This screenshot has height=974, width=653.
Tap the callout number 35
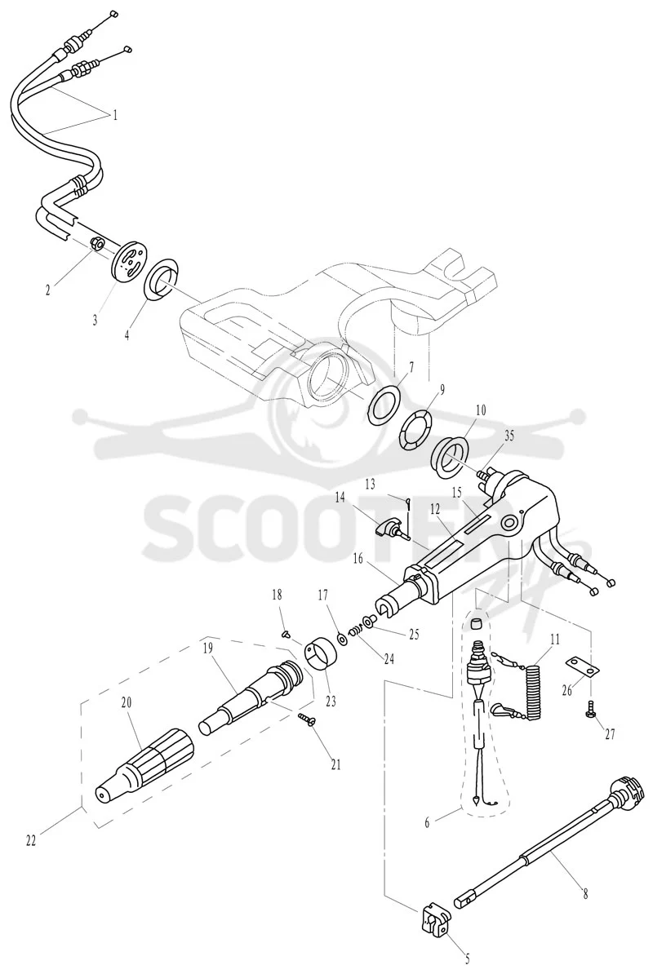point(509,436)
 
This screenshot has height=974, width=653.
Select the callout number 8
point(584,894)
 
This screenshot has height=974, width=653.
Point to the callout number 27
point(610,734)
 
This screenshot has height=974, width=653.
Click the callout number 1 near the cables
point(114,115)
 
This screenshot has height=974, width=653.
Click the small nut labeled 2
point(97,243)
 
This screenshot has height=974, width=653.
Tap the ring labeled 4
point(162,281)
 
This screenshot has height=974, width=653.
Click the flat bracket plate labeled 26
point(582,668)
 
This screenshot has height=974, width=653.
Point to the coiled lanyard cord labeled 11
point(532,689)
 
